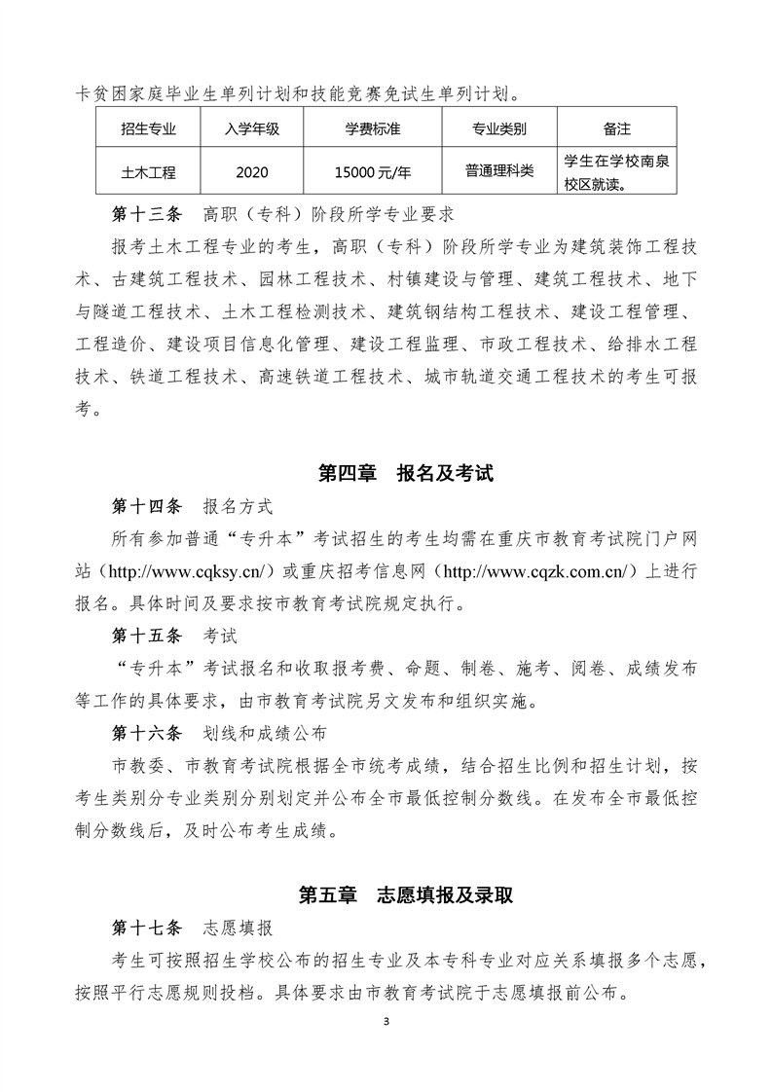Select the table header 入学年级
pos(252,127)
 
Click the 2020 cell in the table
pos(252,171)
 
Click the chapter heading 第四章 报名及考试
pos(406,474)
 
